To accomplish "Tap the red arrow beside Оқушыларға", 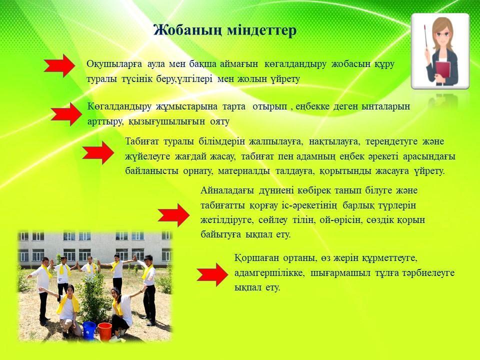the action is pyautogui.click(x=59, y=65).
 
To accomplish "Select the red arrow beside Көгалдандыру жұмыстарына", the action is pyautogui.click(x=66, y=114).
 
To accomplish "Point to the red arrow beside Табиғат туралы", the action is pyautogui.click(x=98, y=153).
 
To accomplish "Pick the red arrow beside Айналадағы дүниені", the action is pyautogui.click(x=173, y=215).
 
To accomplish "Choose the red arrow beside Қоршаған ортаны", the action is pyautogui.click(x=212, y=274).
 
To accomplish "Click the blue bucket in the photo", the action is pyautogui.click(x=89, y=329).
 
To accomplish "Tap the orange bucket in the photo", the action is pyautogui.click(x=104, y=331).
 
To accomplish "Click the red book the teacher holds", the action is pyautogui.click(x=442, y=70).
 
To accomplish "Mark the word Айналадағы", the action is pyautogui.click(x=227, y=190).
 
